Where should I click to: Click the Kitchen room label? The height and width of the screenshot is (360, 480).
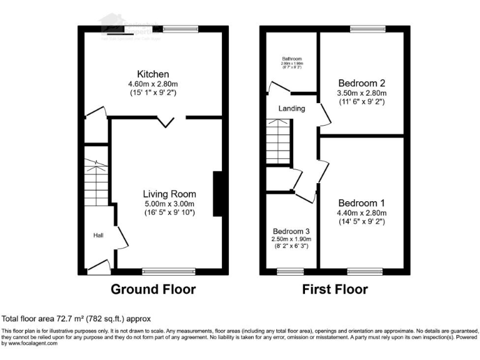click(x=154, y=74)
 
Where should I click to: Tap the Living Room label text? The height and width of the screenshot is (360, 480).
click(x=169, y=194)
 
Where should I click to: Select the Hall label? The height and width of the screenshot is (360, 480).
click(x=98, y=236)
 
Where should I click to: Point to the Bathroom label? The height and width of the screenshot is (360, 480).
click(x=291, y=59)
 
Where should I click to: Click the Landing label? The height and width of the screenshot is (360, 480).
click(x=291, y=108)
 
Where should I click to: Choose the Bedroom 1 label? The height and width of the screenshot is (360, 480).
click(x=361, y=203)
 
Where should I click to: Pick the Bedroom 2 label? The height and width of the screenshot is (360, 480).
click(x=361, y=83)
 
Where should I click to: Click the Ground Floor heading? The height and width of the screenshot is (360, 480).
click(x=153, y=289)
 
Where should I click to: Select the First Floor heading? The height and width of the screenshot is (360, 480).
click(x=335, y=289)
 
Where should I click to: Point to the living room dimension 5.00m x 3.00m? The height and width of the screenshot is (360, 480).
click(x=169, y=204)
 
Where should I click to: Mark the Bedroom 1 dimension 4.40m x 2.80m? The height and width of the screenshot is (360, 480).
click(x=361, y=213)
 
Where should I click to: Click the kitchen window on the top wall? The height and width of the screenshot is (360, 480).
click(x=180, y=28)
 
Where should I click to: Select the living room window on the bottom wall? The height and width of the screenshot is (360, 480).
click(x=168, y=271)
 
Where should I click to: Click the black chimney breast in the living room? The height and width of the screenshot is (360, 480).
click(x=217, y=194)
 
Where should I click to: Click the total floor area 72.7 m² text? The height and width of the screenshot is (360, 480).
click(x=76, y=318)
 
